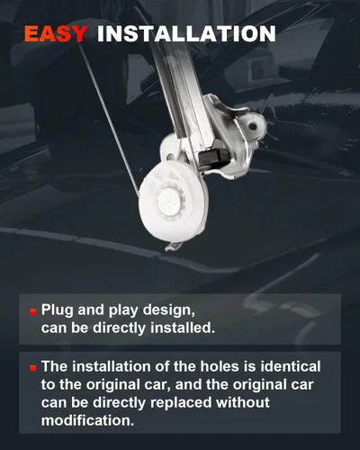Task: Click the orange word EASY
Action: point(56,34)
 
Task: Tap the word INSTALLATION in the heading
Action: point(186,34)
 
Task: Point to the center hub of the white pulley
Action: point(170,201)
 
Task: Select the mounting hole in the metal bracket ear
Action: point(253,126)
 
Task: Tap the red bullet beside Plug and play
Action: point(33,312)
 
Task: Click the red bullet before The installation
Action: point(33,368)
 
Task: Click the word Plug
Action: point(58,310)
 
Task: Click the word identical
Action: point(291,366)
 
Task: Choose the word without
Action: point(243,402)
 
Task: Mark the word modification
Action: point(87,420)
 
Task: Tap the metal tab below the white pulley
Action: point(174,246)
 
